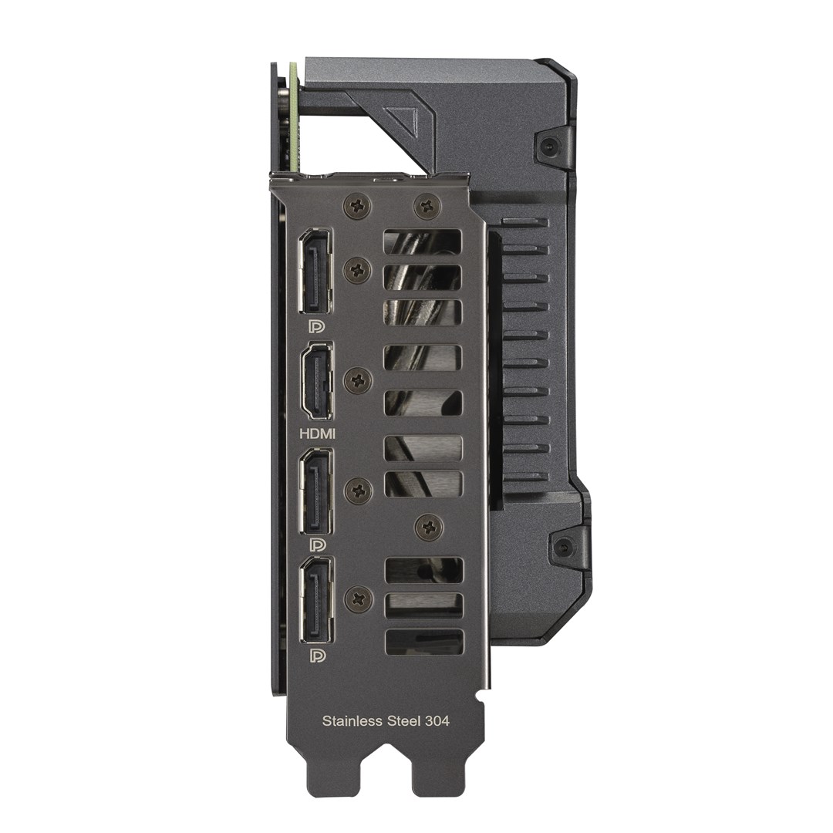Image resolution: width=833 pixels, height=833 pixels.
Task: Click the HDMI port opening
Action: [x=317, y=382]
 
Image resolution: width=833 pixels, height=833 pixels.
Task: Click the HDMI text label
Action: [x=317, y=434]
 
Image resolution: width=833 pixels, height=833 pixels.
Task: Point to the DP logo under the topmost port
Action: [x=316, y=326]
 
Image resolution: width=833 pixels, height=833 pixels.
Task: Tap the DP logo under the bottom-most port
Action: [x=316, y=656]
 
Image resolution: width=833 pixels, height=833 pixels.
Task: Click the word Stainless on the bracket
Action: [x=352, y=721]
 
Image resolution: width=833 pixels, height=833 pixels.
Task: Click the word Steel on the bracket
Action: [x=402, y=721]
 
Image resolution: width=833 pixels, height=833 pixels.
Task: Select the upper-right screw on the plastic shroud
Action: [x=548, y=147]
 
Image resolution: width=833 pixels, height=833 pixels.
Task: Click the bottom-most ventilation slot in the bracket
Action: [x=423, y=641]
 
